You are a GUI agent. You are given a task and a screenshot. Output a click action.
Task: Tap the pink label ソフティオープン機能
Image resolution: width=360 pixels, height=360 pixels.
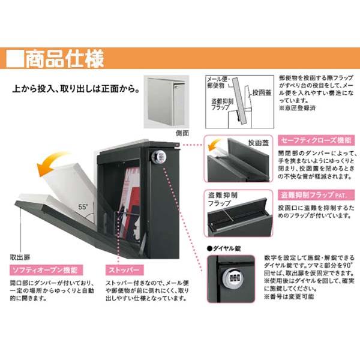44,269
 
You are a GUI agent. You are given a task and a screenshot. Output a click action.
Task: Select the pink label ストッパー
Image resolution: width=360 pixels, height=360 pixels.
124,269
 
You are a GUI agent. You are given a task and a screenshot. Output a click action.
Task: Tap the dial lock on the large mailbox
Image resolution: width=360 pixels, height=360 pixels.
159,158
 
